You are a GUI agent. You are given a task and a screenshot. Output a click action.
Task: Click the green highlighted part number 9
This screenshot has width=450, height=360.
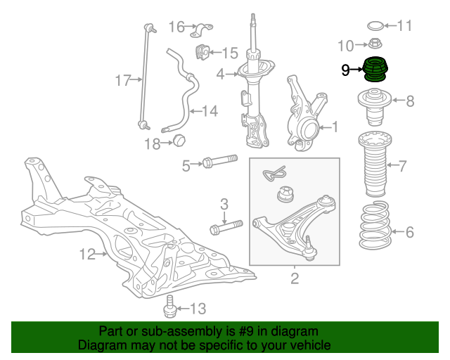(375, 69)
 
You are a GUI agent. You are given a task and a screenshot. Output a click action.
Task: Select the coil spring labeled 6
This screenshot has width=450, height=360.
(375, 225)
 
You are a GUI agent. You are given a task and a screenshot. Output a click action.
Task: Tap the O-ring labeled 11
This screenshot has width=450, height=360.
(375, 26)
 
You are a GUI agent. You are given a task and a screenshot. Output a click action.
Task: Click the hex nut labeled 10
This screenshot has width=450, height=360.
(374, 44)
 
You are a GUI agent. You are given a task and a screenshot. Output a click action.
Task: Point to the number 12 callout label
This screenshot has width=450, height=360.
(87, 255)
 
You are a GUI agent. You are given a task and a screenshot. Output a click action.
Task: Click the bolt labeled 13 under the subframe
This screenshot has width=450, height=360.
(169, 307)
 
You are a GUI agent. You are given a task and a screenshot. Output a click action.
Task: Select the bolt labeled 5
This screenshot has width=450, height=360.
(220, 162)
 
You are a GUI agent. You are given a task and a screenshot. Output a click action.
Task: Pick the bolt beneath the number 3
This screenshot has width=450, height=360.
(226, 227)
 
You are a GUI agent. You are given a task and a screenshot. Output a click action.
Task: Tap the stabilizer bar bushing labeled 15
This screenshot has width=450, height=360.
(202, 52)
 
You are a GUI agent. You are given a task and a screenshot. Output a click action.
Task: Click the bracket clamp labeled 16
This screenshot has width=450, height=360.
(201, 30)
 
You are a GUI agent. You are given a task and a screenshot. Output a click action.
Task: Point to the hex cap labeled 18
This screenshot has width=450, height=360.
(179, 141)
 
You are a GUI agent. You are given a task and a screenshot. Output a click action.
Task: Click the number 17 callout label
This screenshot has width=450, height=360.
(123, 80)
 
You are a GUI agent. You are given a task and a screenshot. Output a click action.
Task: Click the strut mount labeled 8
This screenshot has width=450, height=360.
(375, 107)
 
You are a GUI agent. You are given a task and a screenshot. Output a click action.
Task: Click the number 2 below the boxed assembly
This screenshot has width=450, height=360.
(295, 278)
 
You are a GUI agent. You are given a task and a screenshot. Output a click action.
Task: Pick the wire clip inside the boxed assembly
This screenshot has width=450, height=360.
(274, 173)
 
